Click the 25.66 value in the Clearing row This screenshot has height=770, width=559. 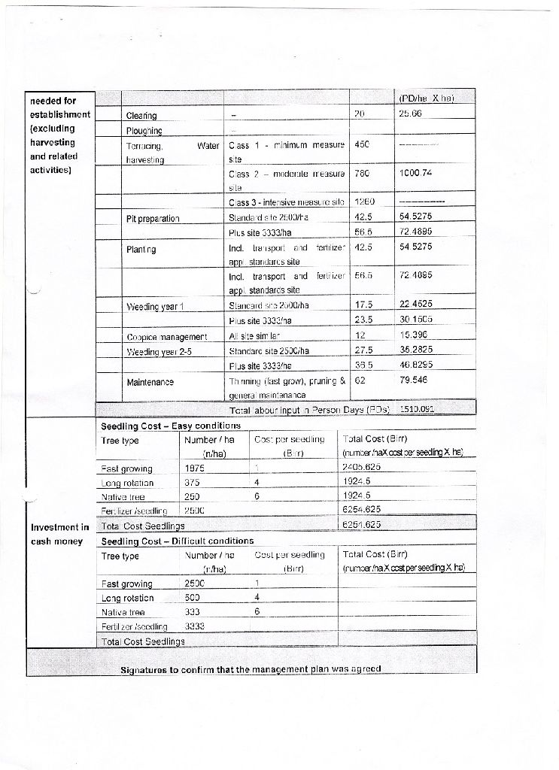(412, 114)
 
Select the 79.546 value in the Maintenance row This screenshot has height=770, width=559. (413, 381)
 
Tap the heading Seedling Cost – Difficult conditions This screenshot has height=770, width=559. (177, 541)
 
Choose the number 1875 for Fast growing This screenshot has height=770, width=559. (195, 467)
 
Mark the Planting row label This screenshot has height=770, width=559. (142, 247)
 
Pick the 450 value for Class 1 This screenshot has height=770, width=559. (361, 143)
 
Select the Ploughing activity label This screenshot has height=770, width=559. (144, 129)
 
